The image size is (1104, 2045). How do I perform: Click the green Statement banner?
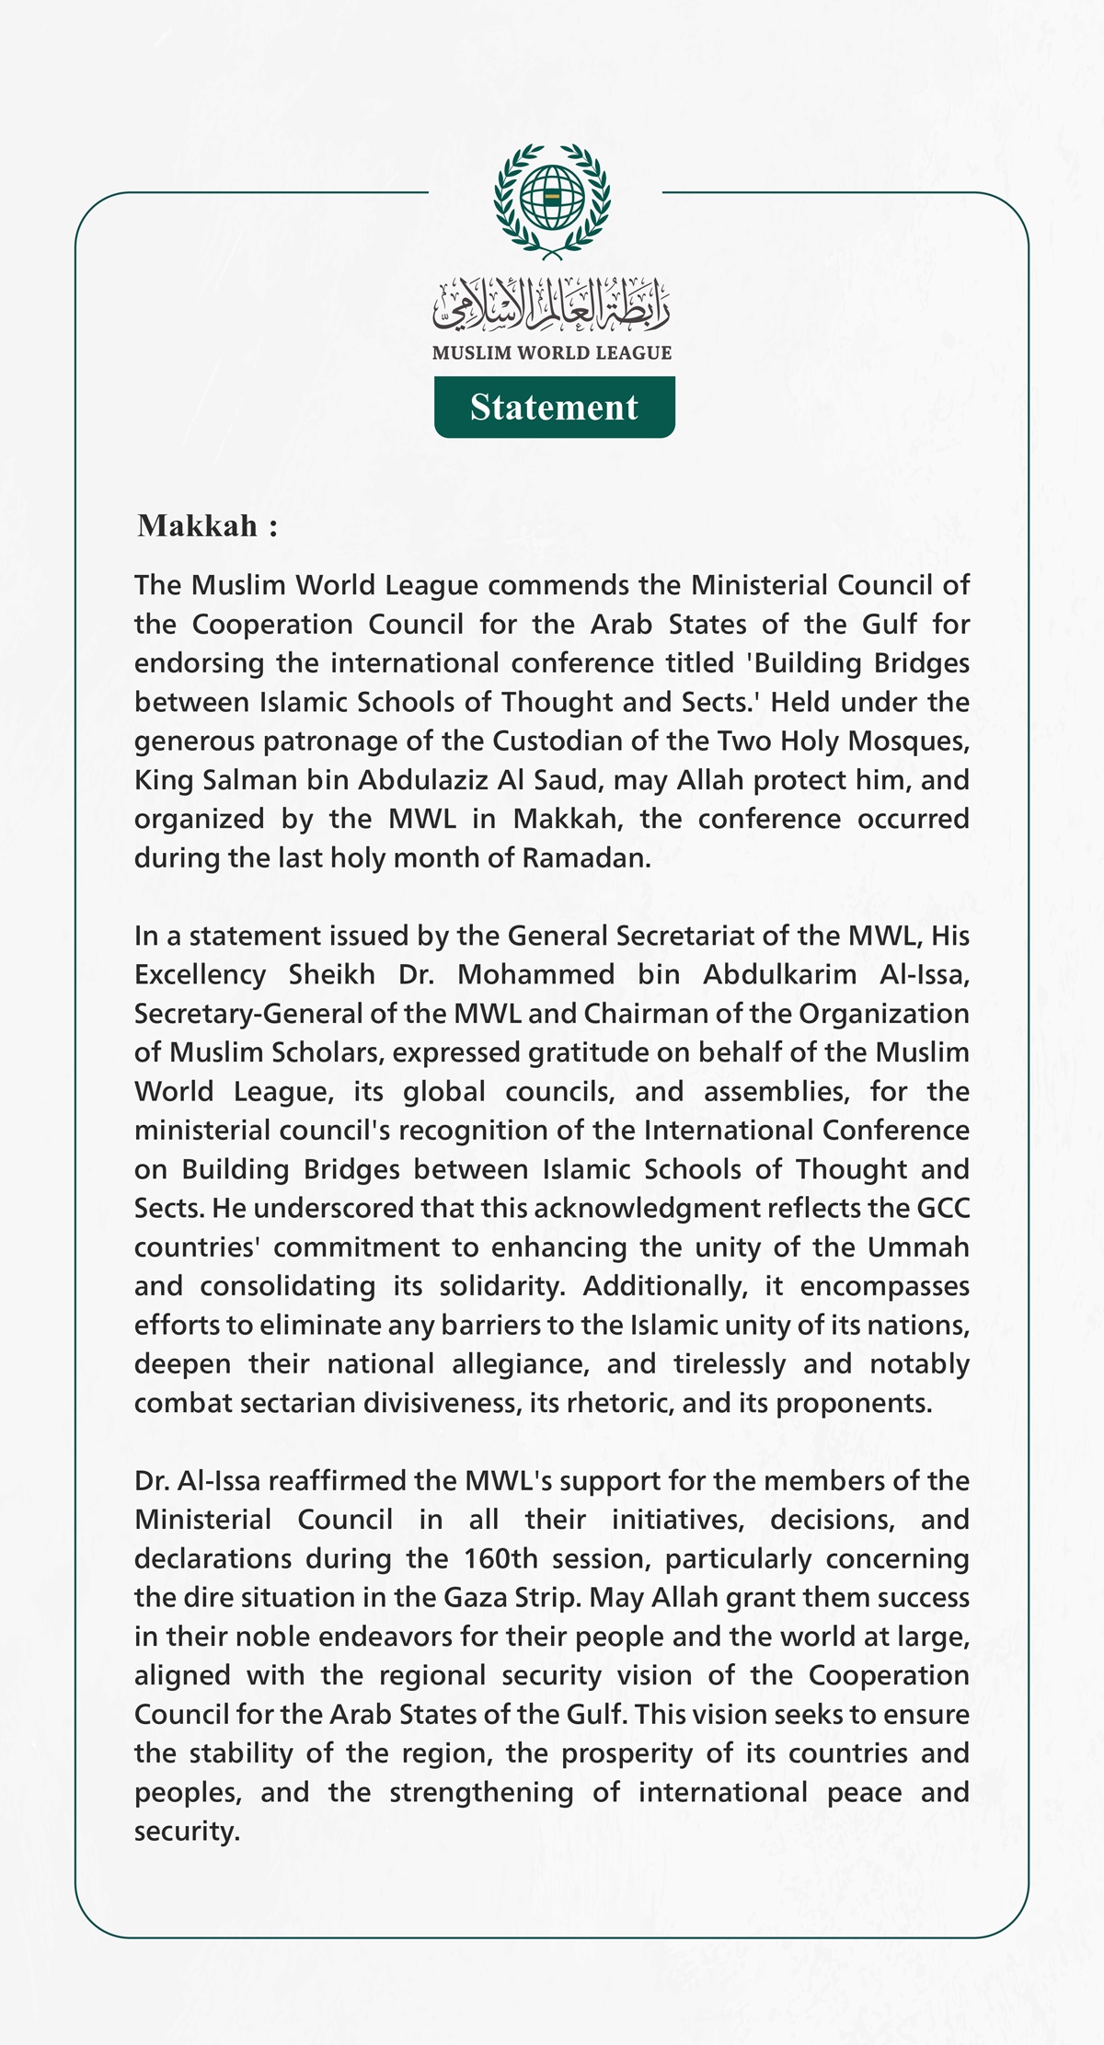tap(554, 407)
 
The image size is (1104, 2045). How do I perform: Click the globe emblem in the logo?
tap(552, 196)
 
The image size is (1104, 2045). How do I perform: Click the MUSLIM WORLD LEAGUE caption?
tap(552, 352)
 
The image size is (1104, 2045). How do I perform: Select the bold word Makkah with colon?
tap(207, 526)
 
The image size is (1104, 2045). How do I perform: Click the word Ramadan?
tap(586, 857)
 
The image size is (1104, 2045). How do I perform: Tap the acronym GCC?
tap(943, 1208)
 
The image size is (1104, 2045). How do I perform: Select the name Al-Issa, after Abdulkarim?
tap(924, 974)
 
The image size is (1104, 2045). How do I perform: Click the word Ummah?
tap(917, 1247)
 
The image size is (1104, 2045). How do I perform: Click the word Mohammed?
tap(536, 974)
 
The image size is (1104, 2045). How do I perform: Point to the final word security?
tap(187, 1831)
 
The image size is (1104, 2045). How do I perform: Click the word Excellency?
tap(201, 974)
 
